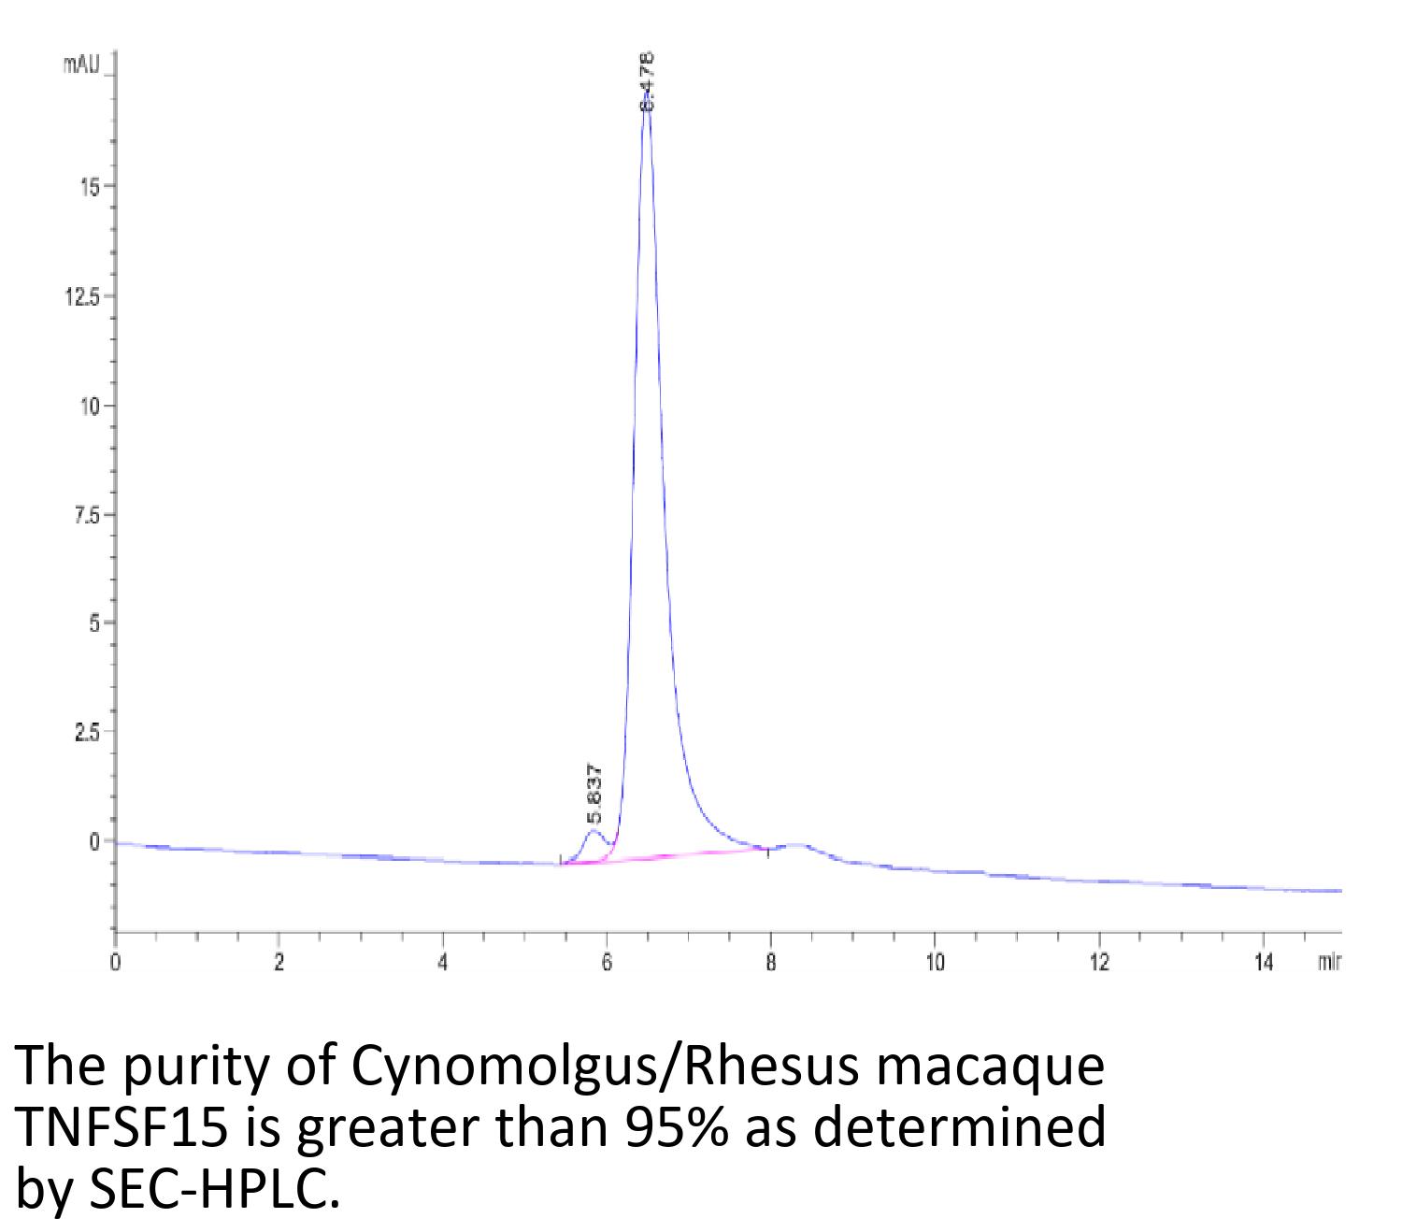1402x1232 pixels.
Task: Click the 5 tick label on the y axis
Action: tap(94, 623)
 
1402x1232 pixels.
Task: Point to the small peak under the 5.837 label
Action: tap(593, 831)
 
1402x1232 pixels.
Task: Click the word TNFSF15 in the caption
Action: tap(122, 1130)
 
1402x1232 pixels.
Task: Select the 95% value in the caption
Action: tap(661, 1130)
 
